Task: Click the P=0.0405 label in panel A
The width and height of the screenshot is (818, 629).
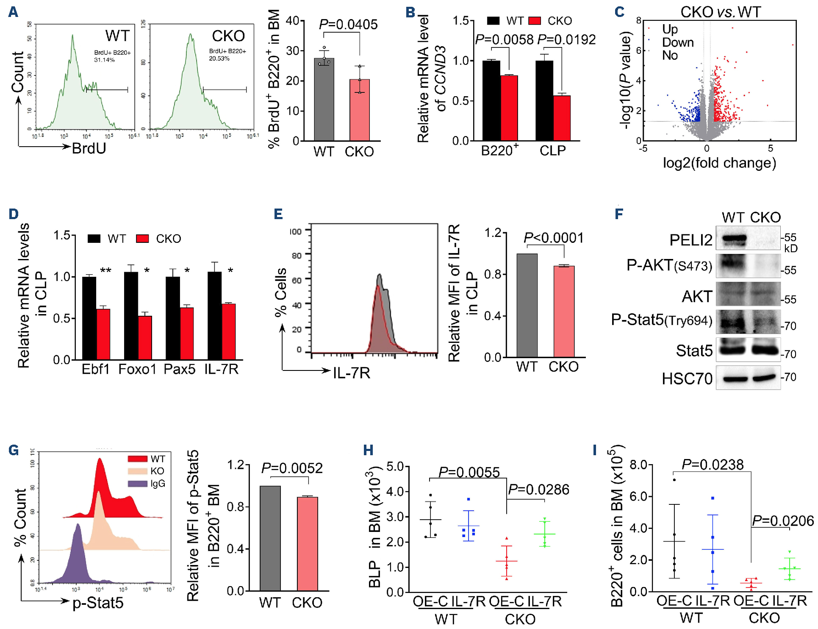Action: tap(348, 25)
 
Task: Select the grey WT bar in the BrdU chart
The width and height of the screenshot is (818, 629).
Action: tap(324, 100)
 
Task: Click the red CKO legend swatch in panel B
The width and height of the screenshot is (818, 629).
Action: tap(535, 21)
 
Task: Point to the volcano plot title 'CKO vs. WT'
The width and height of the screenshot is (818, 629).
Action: tap(721, 12)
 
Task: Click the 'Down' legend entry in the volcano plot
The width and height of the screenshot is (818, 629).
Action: tap(678, 42)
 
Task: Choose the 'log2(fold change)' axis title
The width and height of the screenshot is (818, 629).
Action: tap(719, 163)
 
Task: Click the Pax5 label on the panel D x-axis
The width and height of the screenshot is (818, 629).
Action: tap(180, 369)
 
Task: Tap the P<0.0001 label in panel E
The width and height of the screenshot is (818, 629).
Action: tap(553, 238)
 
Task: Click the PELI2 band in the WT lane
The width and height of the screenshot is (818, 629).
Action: tap(734, 239)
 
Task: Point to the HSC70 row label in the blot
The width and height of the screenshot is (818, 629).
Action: tap(687, 379)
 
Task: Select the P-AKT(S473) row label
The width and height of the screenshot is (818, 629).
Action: tap(669, 266)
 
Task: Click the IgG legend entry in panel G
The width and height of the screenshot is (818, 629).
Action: tap(158, 484)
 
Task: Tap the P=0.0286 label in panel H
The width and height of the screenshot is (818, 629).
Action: tap(538, 490)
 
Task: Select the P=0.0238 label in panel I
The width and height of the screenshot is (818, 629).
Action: tap(713, 465)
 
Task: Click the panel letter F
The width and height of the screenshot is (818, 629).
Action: tap(619, 214)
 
